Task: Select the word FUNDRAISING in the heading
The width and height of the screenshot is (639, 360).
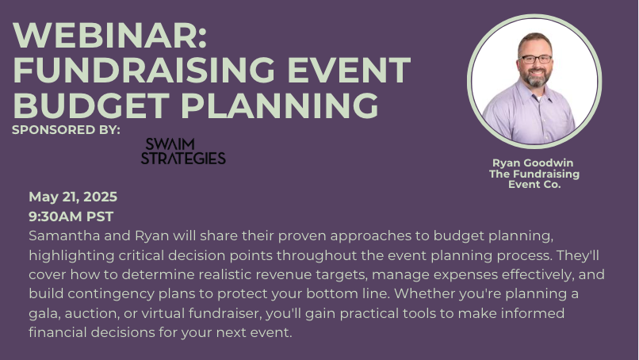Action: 144,70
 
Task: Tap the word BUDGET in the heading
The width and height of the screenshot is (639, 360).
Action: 91,105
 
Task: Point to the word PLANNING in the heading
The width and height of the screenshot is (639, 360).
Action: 280,105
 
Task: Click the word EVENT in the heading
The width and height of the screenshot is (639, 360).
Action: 349,70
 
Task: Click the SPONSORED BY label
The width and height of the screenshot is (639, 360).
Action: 66,130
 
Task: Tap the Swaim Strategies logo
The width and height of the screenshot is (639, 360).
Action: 183,151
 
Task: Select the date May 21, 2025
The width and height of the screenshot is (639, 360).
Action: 73,197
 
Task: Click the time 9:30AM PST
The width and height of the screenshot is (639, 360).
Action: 71,216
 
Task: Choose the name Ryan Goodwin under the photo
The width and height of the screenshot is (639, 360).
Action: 533,163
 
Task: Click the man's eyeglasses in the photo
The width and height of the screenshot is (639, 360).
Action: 535,59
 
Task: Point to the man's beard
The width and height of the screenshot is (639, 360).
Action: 536,78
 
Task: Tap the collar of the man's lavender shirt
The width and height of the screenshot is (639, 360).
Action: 536,93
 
